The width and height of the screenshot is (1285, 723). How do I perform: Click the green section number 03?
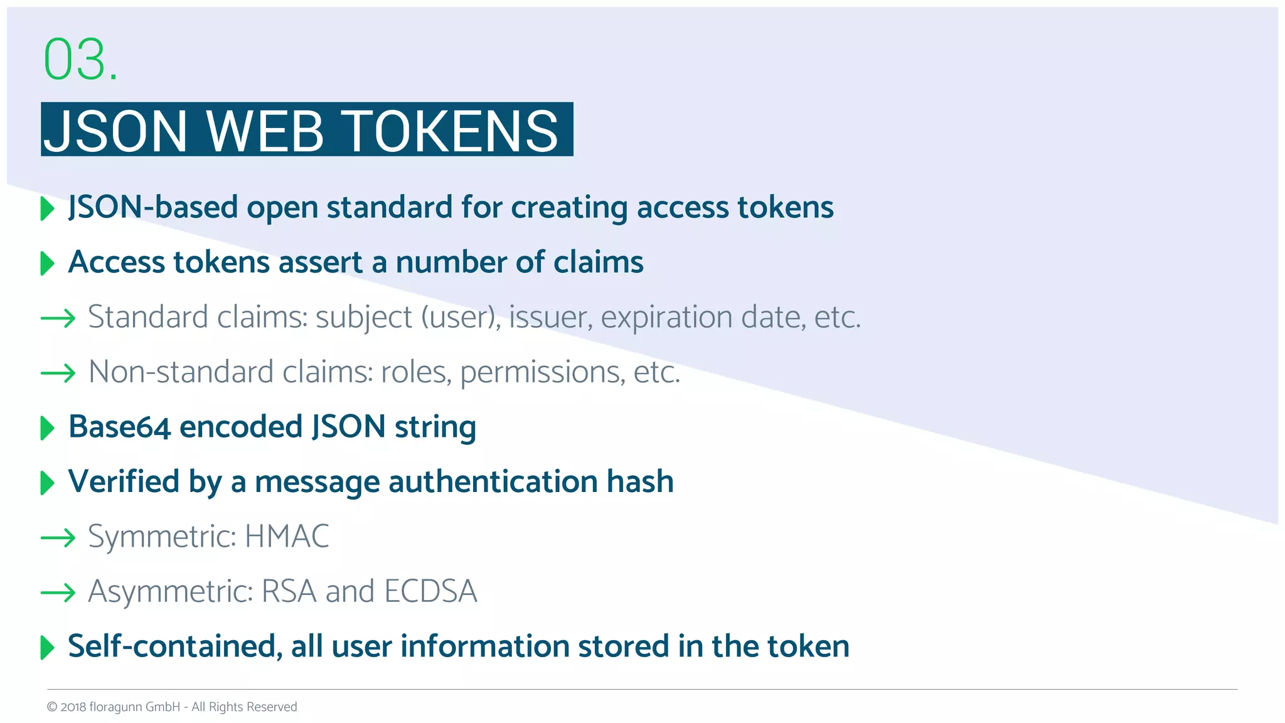(80, 60)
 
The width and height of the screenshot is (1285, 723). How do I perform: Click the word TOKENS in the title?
(452, 131)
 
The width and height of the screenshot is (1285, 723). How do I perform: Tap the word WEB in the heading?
(265, 131)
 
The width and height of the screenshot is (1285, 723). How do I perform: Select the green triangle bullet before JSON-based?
(47, 208)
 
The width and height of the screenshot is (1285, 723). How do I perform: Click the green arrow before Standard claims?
(58, 318)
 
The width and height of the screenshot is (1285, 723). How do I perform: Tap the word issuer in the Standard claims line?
(550, 317)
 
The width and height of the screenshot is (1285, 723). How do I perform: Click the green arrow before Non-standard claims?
(58, 373)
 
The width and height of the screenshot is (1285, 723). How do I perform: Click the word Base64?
(119, 427)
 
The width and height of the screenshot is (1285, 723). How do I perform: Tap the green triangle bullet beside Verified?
(47, 483)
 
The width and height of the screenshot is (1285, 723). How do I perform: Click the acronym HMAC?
(287, 537)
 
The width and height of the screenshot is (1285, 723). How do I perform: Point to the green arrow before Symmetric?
(58, 538)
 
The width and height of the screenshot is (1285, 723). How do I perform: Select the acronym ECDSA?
(430, 591)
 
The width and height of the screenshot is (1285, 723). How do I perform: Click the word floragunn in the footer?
(116, 707)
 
